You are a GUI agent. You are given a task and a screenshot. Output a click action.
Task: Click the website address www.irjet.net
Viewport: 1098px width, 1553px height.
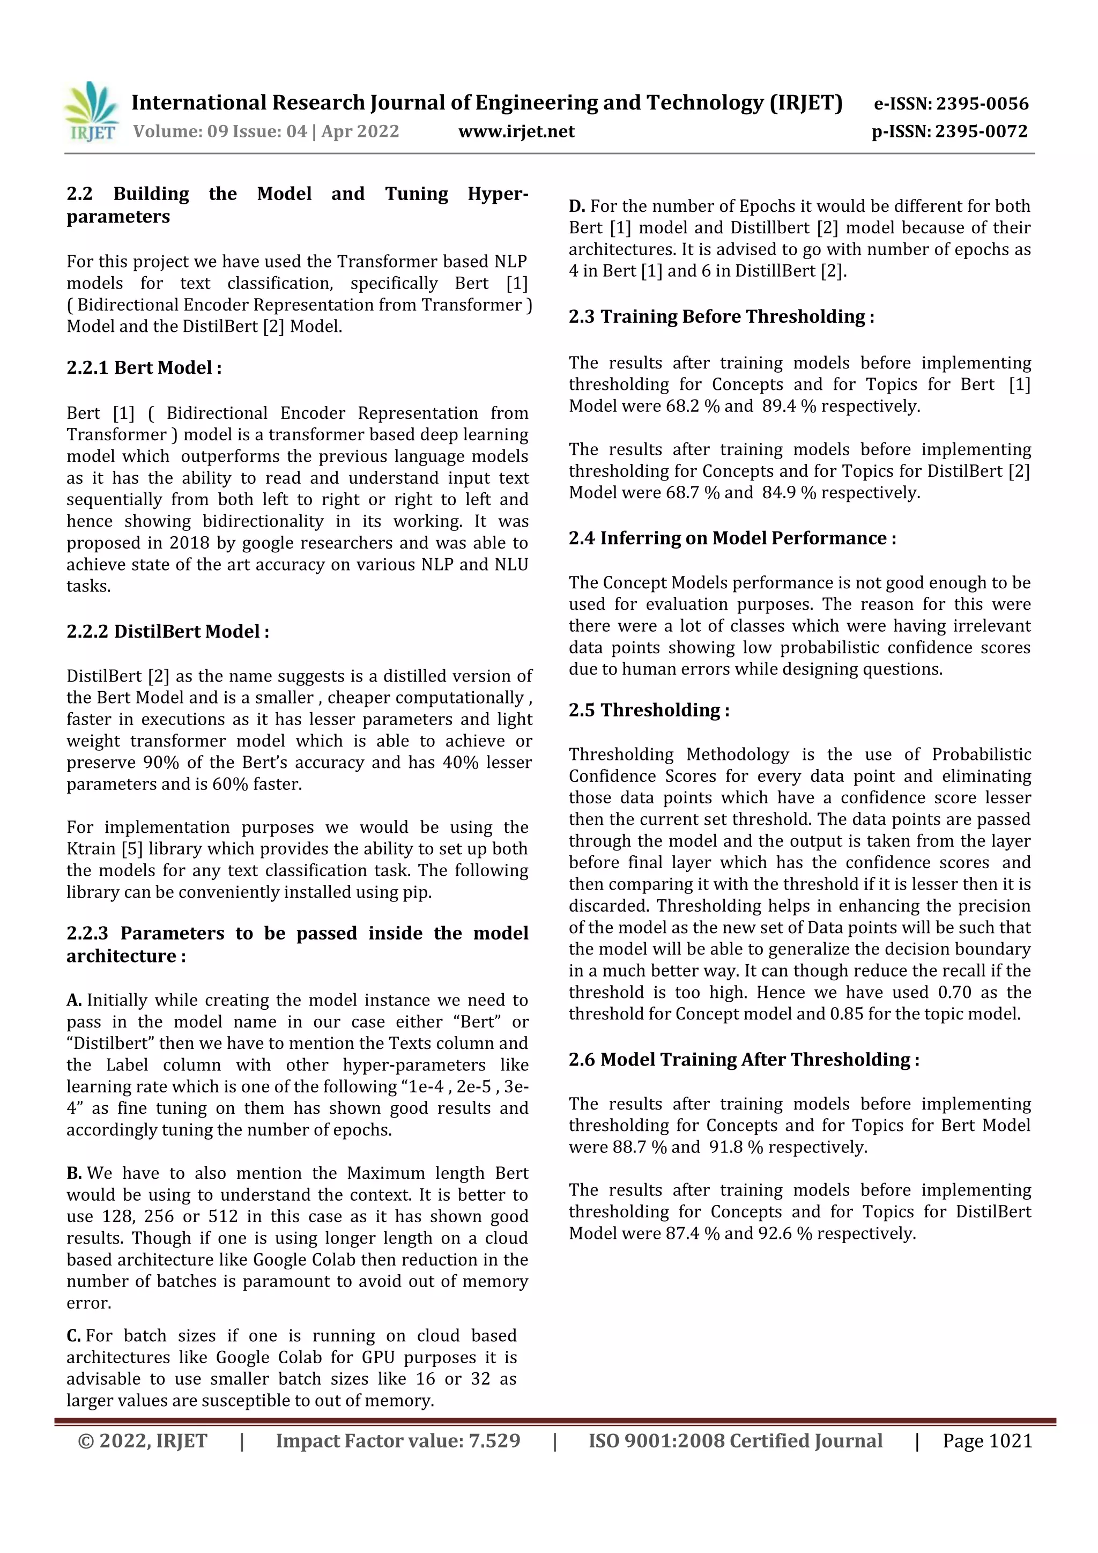point(516,131)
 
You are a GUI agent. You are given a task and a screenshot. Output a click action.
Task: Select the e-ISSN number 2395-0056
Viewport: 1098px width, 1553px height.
point(982,103)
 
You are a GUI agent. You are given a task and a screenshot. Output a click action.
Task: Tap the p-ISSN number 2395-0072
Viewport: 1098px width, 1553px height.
point(982,131)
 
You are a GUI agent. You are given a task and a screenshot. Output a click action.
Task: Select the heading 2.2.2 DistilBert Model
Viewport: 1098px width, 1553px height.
point(168,632)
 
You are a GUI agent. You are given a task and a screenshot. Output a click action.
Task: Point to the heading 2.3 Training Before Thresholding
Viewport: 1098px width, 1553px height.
point(721,316)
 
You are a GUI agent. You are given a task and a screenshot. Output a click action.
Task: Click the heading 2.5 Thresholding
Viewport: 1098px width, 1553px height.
point(648,710)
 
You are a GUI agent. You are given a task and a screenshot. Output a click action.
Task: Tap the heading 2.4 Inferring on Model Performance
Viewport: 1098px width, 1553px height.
point(732,538)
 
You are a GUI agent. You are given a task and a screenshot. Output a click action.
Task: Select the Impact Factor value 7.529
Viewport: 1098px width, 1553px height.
point(492,1441)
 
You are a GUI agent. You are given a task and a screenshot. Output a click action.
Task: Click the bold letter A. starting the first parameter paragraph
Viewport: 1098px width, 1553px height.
point(75,1000)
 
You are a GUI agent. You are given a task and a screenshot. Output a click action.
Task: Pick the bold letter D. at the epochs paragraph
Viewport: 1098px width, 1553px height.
point(577,206)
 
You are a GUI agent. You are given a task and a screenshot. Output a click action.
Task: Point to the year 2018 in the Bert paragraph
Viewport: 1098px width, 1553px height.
point(189,543)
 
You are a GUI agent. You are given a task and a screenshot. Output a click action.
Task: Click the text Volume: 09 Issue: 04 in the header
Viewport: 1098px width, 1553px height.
point(220,131)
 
